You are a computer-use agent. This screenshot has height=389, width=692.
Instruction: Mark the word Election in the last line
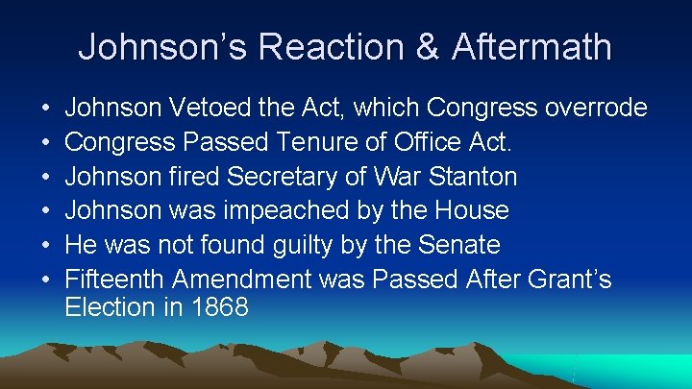109,307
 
